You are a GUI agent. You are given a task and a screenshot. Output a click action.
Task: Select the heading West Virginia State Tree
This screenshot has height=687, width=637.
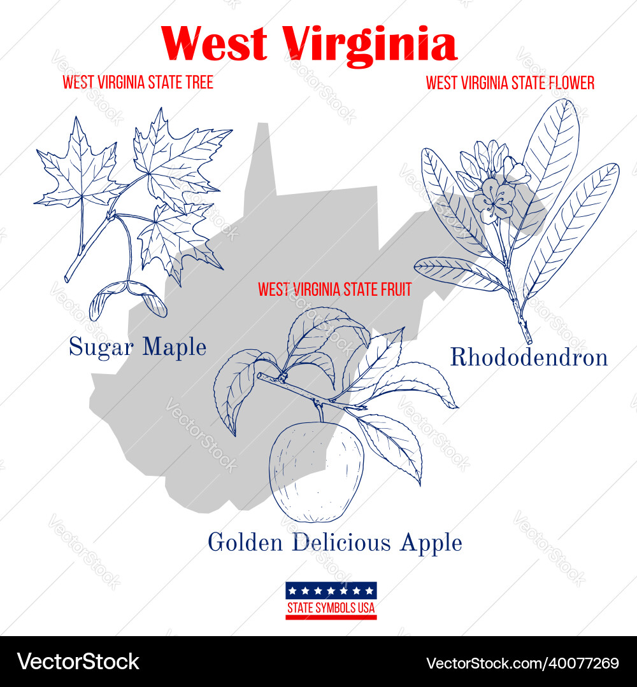coord(138,82)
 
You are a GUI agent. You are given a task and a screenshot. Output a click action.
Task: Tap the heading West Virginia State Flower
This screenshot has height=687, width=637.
coord(510,83)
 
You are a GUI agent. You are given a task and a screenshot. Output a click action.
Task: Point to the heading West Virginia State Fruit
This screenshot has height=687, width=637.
coord(334,289)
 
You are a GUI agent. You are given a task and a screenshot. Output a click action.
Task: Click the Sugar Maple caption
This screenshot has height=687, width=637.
coord(138,347)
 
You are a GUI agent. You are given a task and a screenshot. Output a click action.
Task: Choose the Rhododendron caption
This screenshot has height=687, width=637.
coord(529,357)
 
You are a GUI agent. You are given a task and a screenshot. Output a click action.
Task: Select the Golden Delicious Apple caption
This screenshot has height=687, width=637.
coord(334,543)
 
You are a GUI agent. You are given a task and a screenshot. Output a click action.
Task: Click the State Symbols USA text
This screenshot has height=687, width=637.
coord(331,608)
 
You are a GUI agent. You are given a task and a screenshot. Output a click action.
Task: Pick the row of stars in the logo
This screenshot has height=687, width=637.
coord(331,590)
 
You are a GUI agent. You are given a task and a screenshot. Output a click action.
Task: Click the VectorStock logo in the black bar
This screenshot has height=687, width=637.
coord(78,662)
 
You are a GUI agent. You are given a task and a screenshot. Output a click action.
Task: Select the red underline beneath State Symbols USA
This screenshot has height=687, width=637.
coord(331,618)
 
